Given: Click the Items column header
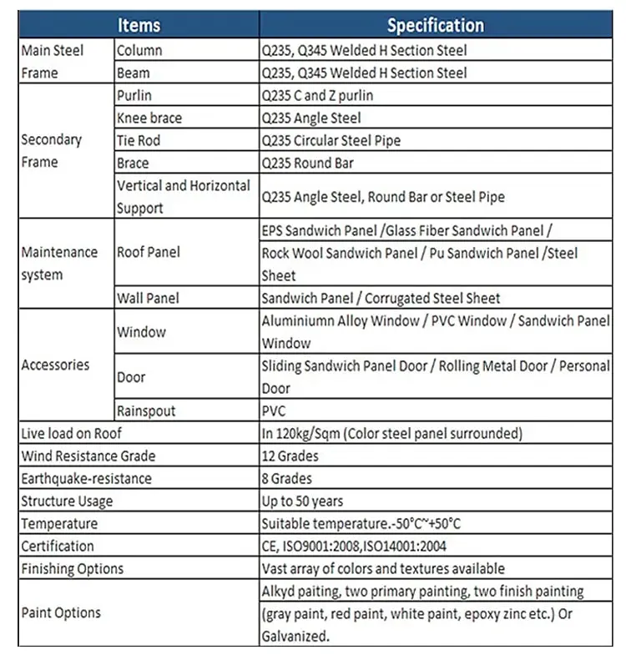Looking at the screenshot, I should (139, 25).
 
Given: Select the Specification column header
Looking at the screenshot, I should (435, 25).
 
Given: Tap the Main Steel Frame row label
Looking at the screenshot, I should (52, 62).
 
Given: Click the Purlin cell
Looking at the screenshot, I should (134, 96).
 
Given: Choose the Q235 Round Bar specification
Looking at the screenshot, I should (308, 164).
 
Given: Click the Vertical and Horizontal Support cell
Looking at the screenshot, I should (184, 197).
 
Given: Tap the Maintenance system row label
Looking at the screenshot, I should (59, 263).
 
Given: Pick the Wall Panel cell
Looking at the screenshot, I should (148, 298).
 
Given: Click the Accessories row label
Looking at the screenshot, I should (55, 365).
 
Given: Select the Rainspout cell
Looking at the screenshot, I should (146, 411).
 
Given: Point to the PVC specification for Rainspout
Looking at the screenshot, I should (274, 411).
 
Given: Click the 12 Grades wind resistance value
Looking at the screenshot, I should (290, 456).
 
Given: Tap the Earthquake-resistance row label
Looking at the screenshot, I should (87, 479).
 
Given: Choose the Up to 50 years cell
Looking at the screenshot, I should (302, 501).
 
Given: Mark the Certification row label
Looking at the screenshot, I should (58, 547).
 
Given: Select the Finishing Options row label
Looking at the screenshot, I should (72, 569).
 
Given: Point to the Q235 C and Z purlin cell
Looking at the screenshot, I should (317, 96).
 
